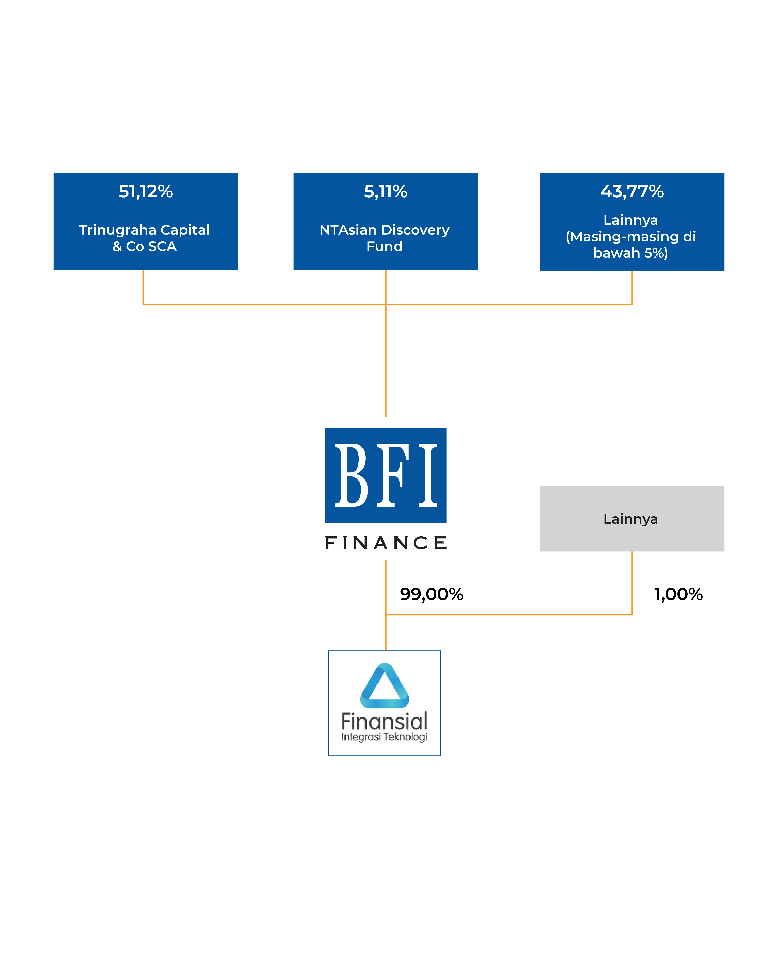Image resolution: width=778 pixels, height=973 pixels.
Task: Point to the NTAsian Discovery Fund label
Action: [x=385, y=238]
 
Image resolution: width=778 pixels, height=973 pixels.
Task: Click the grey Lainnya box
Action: [x=632, y=519]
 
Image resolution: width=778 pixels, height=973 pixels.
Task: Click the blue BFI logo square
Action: [x=386, y=475]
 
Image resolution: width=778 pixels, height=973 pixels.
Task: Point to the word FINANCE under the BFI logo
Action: [x=386, y=543]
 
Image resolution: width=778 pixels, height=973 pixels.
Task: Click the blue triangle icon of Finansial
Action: [x=384, y=685]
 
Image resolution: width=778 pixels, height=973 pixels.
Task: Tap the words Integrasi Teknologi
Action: [x=384, y=737]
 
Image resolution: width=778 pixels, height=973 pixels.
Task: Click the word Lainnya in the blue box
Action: [x=631, y=220]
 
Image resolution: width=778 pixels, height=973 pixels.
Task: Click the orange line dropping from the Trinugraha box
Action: [x=143, y=287]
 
